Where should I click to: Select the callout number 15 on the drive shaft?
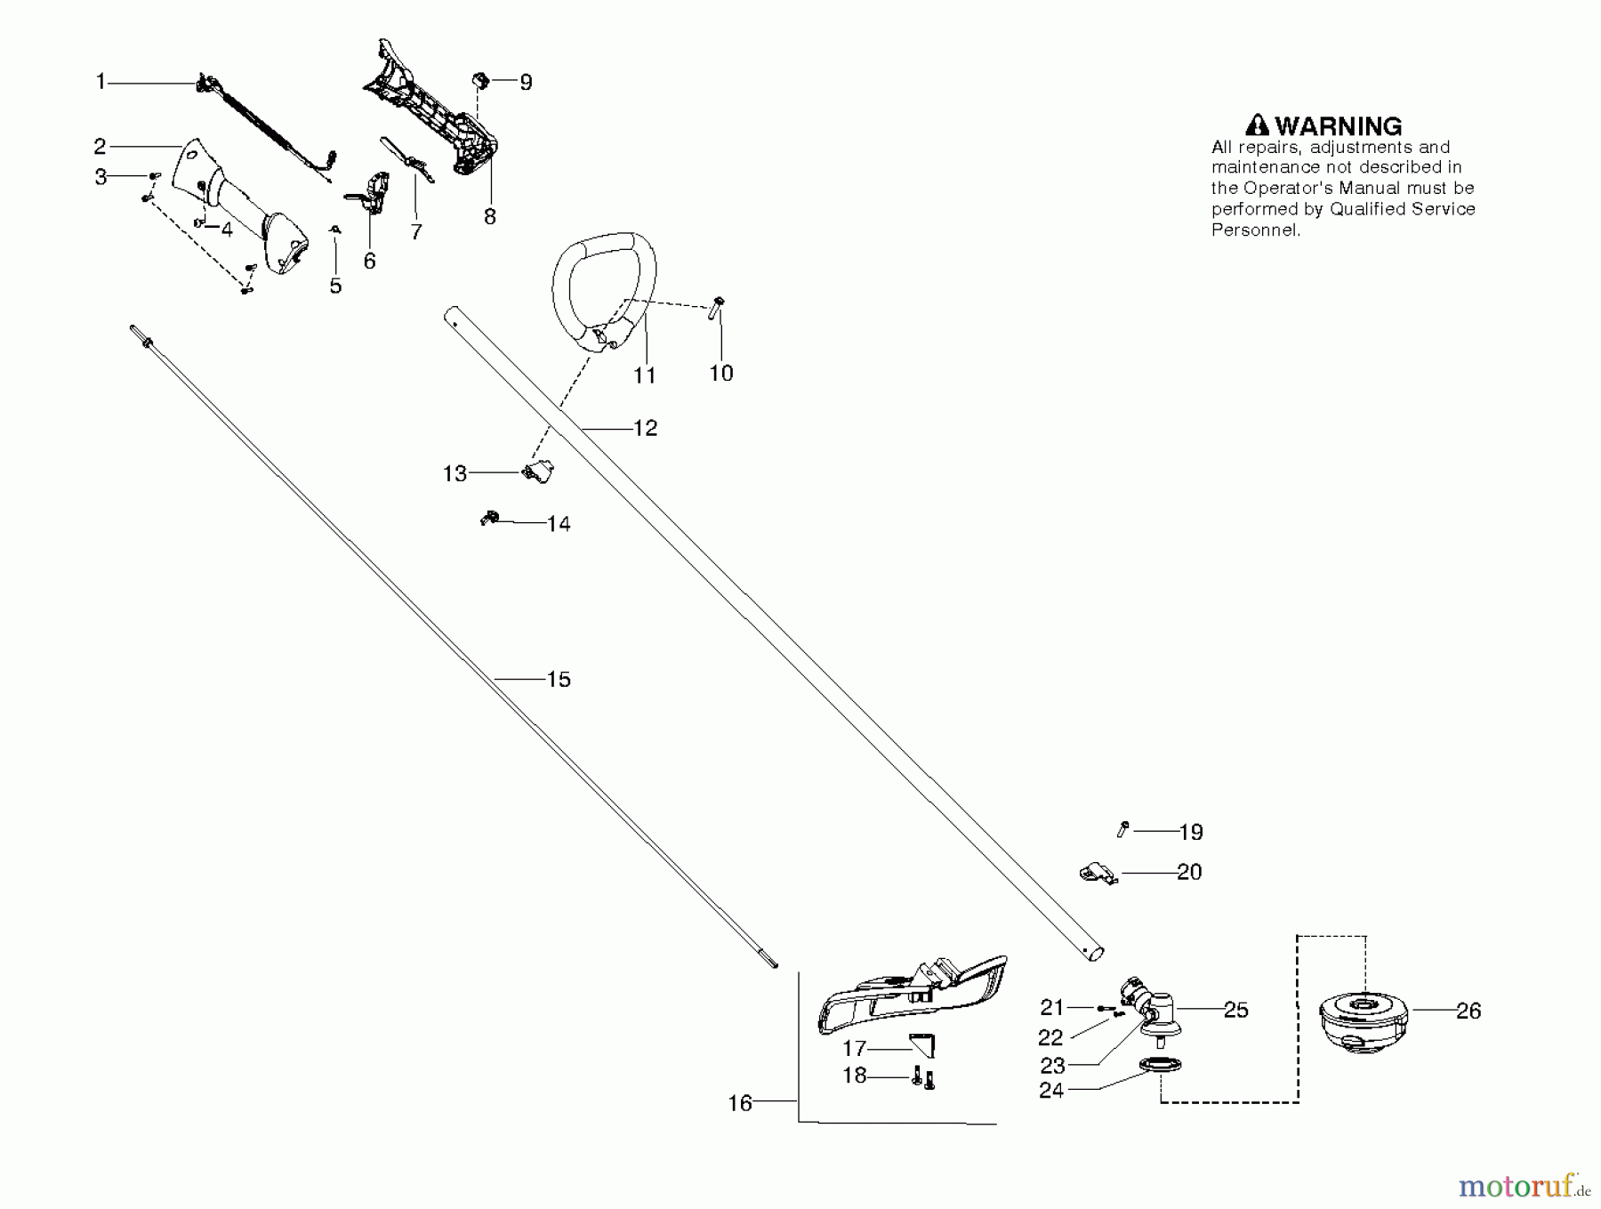(558, 680)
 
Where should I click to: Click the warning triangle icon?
(1257, 125)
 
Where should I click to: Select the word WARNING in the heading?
(1339, 125)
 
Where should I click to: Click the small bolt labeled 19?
(1122, 829)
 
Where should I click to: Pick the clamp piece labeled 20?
(1097, 872)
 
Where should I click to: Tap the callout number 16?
(740, 1103)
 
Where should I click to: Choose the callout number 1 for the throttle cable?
(101, 82)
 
